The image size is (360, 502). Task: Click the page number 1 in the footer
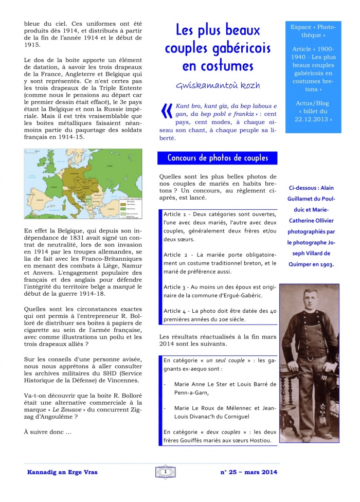click(166, 471)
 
